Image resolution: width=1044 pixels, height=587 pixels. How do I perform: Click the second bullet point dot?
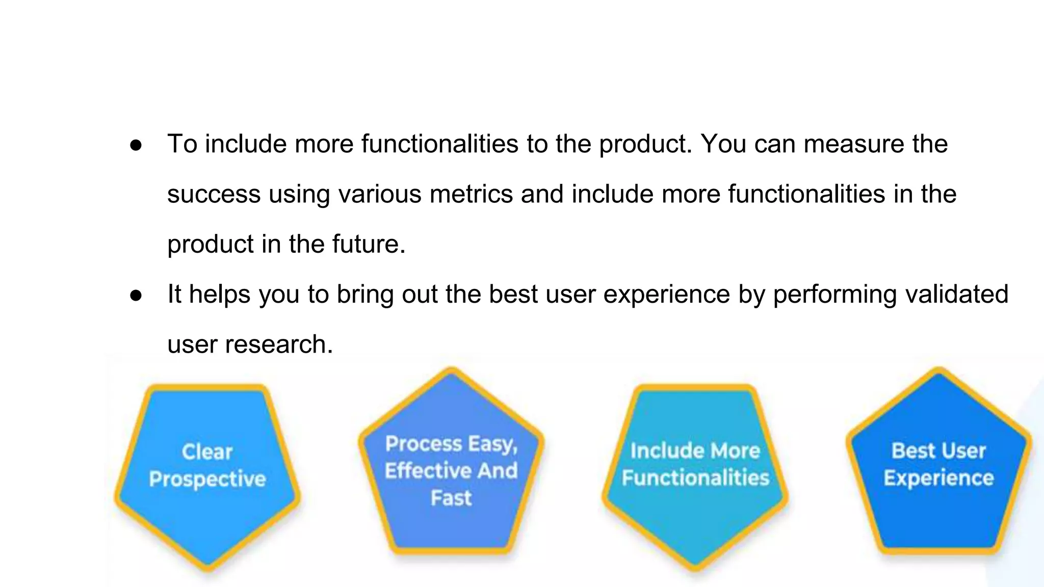point(136,296)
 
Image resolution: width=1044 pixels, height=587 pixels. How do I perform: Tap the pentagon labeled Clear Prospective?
point(207,515)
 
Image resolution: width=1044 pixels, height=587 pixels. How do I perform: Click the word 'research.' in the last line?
point(279,344)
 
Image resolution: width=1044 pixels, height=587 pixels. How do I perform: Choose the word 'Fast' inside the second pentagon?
point(451,498)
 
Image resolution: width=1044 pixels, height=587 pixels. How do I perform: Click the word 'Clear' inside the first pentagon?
point(207,452)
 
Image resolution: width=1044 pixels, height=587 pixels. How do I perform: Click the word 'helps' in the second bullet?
point(220,295)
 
